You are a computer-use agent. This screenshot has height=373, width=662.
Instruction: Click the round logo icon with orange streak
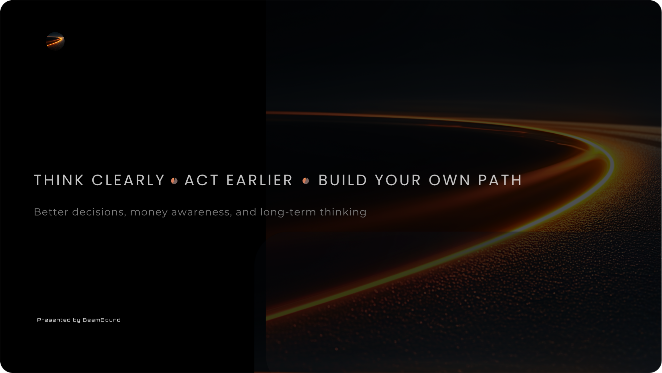click(55, 41)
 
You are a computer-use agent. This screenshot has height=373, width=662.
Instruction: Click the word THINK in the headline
click(59, 180)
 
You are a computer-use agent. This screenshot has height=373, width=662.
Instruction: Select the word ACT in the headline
click(201, 180)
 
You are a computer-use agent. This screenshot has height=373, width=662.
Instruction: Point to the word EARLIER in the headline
click(260, 180)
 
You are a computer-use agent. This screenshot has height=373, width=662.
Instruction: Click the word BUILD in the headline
click(343, 180)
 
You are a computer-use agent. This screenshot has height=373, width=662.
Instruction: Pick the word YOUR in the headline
click(398, 180)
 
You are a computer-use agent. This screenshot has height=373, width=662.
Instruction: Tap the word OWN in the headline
click(449, 180)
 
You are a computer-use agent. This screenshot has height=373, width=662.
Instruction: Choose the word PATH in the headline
click(500, 180)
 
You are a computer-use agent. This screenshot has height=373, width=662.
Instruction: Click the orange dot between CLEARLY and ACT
click(174, 181)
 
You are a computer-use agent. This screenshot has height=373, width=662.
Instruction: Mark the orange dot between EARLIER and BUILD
click(306, 181)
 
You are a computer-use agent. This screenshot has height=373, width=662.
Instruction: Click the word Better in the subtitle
click(51, 212)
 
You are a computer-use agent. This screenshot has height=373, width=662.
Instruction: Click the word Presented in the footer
click(54, 320)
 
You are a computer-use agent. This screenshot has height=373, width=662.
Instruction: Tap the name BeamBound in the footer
click(102, 320)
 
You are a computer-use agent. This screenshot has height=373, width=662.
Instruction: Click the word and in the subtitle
click(246, 212)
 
